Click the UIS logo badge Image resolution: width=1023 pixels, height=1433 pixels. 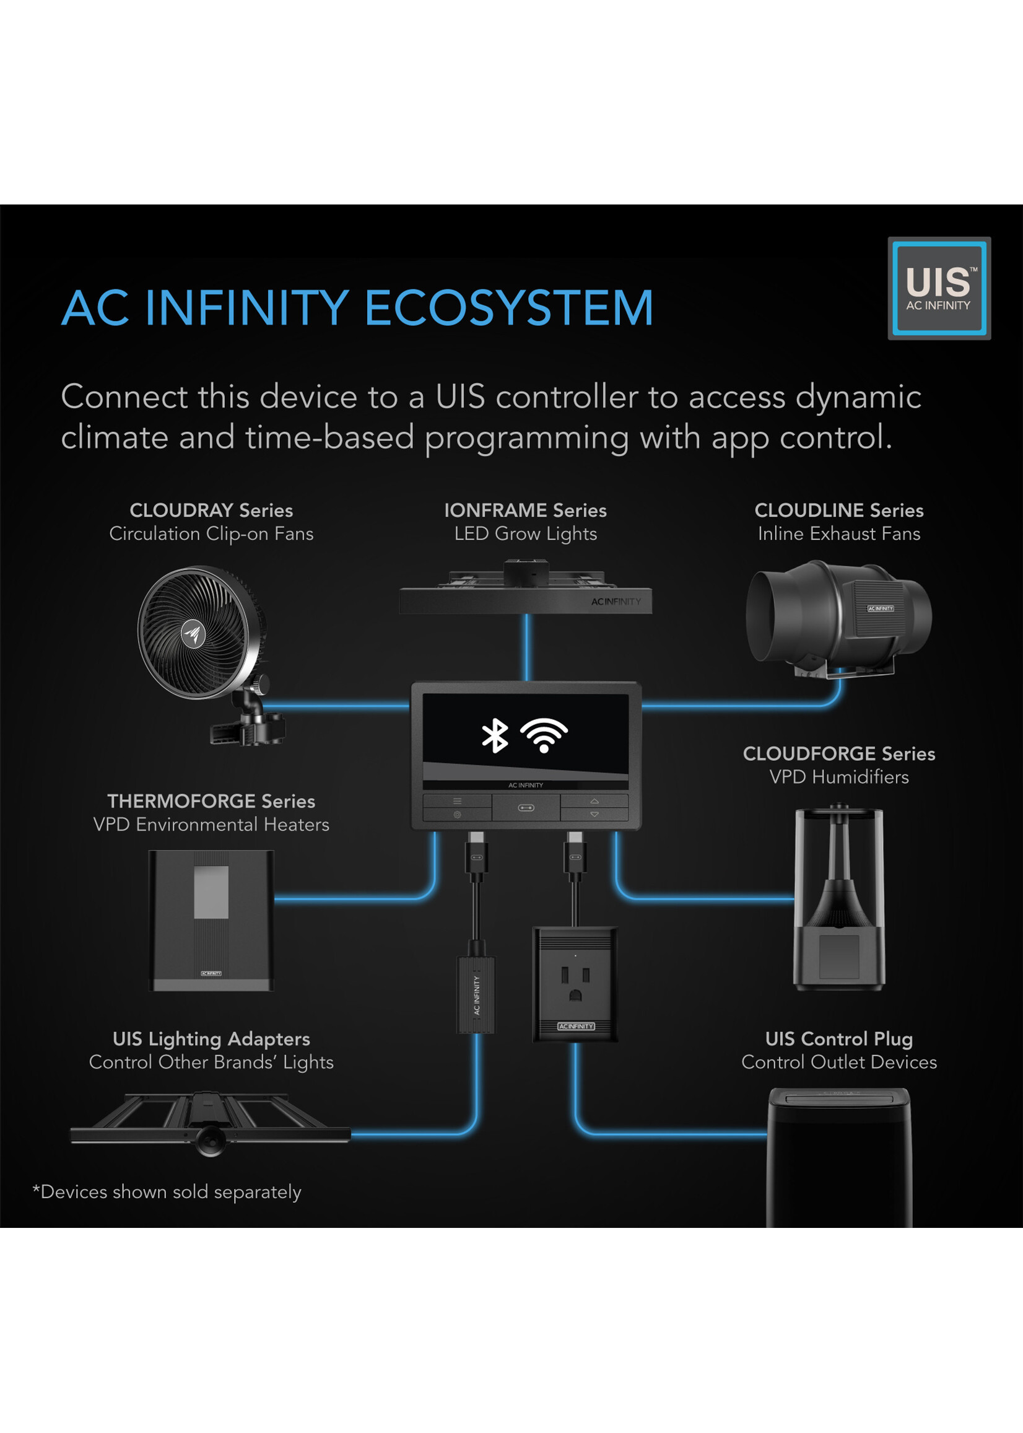[939, 289]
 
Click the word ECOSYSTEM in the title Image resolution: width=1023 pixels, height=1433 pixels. [508, 308]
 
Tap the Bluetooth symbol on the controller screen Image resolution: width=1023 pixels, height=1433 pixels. [495, 735]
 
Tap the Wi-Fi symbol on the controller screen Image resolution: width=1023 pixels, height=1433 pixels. [544, 735]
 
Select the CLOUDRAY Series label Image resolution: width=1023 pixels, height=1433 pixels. [211, 511]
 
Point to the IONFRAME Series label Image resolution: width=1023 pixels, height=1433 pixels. [525, 511]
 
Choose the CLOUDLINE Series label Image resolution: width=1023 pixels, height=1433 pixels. [838, 511]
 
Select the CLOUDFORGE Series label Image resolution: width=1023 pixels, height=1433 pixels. [838, 754]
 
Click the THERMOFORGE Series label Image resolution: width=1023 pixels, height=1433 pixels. [211, 802]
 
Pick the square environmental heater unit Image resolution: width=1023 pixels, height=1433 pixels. [211, 920]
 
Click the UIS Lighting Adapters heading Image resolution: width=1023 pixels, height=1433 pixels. [211, 1039]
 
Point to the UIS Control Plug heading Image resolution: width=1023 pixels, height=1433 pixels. [838, 1039]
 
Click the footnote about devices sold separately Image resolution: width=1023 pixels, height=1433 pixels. [167, 1192]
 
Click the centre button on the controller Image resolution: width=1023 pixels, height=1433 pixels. [526, 808]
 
